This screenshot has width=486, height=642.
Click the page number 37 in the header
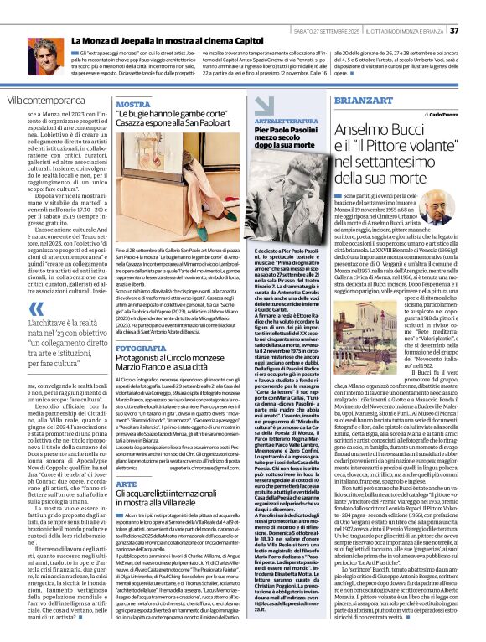[x=478, y=8]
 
